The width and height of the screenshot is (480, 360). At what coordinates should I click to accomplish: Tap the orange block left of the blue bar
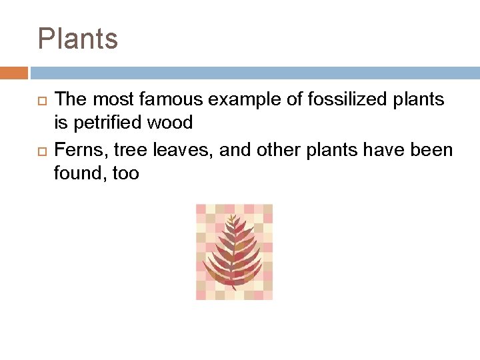coord(14,73)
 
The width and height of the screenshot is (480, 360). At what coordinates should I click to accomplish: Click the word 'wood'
coord(173,123)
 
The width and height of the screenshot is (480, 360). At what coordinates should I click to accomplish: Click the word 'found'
coord(77,174)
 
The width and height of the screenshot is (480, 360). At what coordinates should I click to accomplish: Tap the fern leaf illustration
coord(234,252)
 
